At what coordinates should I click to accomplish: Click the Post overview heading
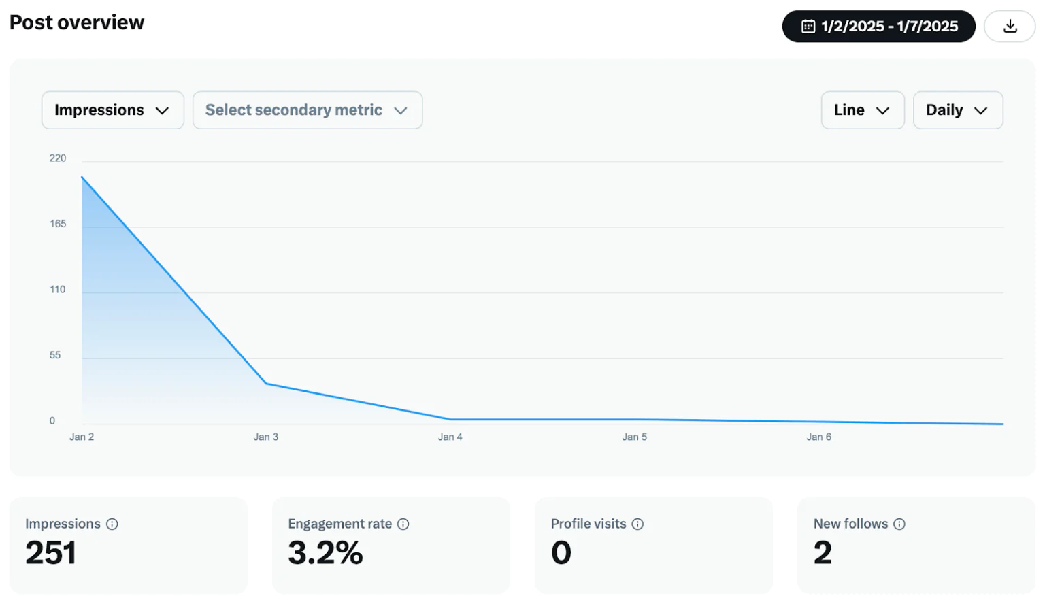[77, 22]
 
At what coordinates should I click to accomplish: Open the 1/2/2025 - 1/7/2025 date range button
[878, 27]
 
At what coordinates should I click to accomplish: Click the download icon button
[1010, 27]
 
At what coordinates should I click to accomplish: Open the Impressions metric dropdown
[112, 110]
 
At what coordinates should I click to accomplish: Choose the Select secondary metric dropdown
[307, 110]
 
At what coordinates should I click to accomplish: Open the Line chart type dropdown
[862, 110]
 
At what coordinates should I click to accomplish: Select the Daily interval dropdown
[957, 110]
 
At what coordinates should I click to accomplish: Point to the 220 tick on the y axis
[58, 158]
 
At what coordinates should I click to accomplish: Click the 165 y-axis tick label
[58, 224]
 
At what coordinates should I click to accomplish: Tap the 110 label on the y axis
[58, 290]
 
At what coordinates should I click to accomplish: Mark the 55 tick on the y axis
[55, 355]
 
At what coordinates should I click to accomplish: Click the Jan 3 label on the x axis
[266, 437]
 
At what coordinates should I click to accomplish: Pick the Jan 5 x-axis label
[634, 437]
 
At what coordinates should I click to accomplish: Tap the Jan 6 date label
[818, 437]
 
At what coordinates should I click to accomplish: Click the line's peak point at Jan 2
[82, 178]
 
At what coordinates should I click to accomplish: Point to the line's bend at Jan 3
[266, 384]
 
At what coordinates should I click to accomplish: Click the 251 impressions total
[51, 552]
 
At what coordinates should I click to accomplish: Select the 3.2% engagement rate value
[325, 552]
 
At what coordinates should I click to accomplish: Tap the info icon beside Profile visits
[637, 524]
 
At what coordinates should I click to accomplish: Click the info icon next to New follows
[899, 524]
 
